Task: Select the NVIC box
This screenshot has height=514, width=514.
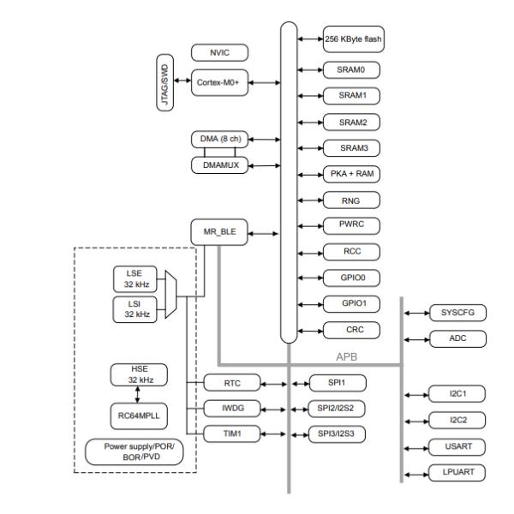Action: (218, 53)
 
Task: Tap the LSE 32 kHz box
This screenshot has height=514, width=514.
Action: (133, 278)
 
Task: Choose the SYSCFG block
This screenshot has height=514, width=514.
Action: (457, 313)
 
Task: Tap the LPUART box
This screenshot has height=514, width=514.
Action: (457, 473)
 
